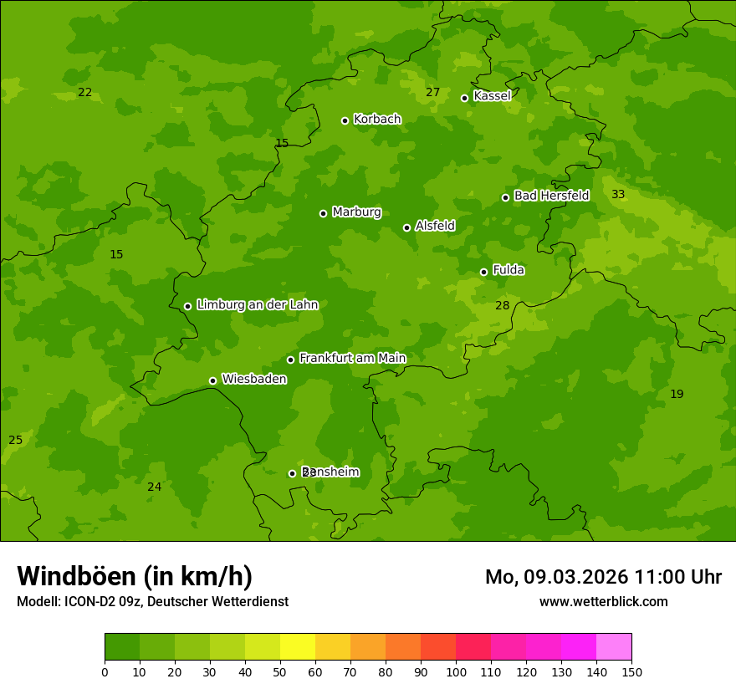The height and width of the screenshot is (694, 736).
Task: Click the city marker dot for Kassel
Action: pos(465,98)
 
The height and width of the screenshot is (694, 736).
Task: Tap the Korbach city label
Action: pos(377,120)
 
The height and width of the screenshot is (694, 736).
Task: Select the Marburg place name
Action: pos(356,212)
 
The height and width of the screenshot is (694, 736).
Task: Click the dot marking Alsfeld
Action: pos(407,227)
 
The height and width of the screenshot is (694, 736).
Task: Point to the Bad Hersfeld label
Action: pos(551,196)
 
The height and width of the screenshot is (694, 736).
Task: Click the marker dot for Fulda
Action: pos(484,272)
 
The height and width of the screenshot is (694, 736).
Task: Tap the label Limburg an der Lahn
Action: pos(258,305)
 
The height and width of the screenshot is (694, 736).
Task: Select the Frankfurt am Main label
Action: pos(352,359)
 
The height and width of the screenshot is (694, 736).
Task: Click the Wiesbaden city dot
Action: pos(213,380)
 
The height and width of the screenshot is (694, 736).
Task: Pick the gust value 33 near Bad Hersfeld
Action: pos(618,195)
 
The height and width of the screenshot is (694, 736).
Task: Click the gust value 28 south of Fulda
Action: pos(502,306)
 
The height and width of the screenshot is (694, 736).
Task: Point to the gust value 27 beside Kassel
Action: pos(432,93)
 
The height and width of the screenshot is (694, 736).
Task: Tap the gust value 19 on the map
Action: pos(677,395)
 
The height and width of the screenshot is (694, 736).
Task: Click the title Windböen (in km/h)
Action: pos(135,577)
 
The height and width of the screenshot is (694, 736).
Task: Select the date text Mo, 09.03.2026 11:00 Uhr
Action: pos(603,577)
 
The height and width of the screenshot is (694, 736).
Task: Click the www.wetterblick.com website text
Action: pos(603,602)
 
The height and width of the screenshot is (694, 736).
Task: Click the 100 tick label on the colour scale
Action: pos(456,672)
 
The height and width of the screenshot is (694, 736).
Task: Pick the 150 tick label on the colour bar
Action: pos(631,672)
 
